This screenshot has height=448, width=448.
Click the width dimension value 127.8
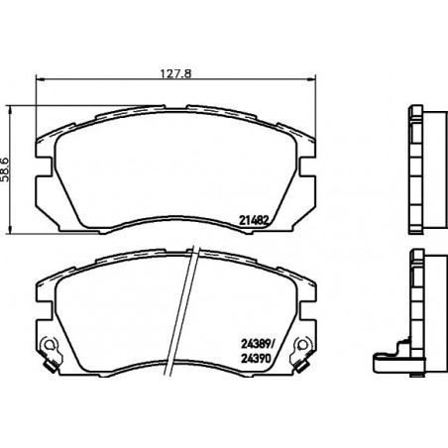(175, 73)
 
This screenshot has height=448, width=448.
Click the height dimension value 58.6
(6, 169)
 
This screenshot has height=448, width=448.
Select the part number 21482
(253, 220)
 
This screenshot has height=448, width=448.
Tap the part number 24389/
(258, 344)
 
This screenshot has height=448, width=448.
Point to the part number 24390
(256, 359)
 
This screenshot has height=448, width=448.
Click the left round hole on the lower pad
(49, 345)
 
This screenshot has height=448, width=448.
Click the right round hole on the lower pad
(302, 345)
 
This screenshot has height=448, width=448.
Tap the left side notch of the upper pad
(45, 167)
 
